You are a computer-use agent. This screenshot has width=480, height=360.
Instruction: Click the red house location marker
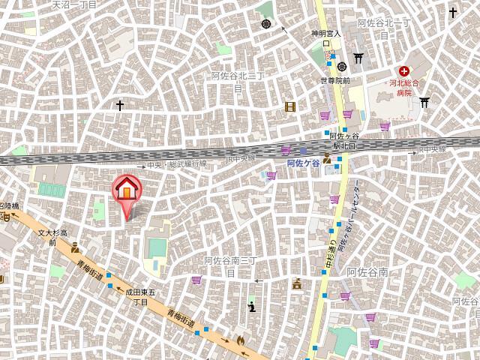tap(126, 189)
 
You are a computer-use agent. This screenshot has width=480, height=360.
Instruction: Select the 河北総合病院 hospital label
tap(406, 88)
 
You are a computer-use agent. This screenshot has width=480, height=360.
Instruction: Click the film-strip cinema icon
tap(290, 106)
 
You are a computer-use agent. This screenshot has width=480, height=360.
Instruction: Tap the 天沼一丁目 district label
tap(75, 4)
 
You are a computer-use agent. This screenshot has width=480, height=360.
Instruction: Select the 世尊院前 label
tap(329, 80)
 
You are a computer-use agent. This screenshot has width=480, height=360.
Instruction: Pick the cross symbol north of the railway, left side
tap(119, 106)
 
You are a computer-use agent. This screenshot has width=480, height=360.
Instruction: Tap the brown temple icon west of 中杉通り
tap(297, 283)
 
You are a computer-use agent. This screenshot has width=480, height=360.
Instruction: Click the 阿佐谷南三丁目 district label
tap(231, 265)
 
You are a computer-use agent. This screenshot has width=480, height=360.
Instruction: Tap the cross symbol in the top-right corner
tap(453, 13)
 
